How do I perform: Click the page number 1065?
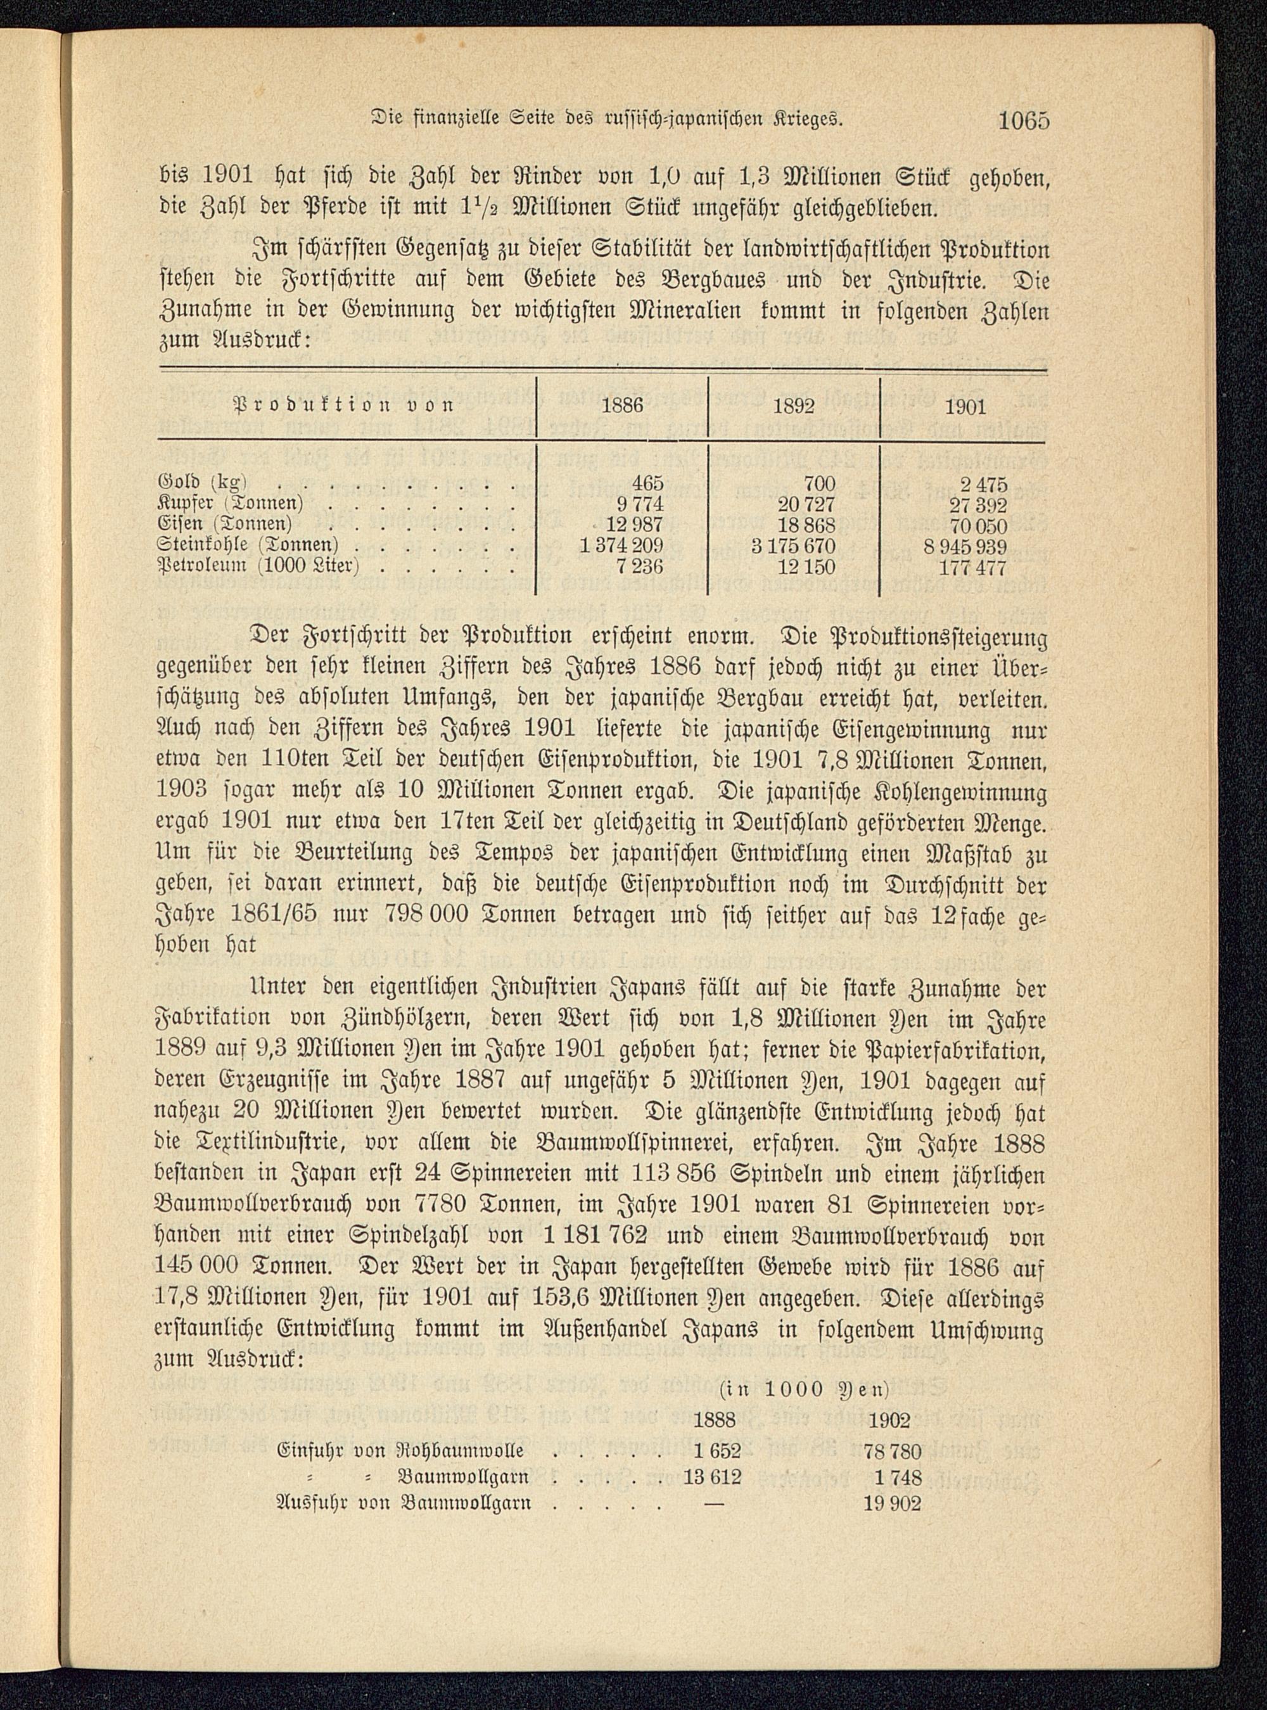[x=1022, y=121]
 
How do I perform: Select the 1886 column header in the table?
[x=621, y=406]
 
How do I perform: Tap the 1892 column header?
[x=793, y=406]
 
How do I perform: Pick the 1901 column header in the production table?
[x=965, y=406]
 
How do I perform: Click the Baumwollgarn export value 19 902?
[x=891, y=1503]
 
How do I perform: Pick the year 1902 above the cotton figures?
[x=888, y=1421]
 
